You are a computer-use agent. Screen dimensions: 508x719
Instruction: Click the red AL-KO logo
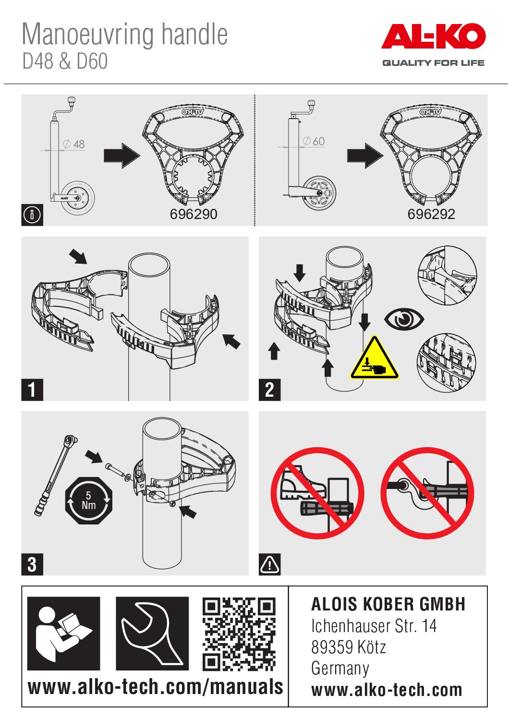pos(433,36)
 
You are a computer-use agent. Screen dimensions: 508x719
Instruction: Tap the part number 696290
pos(194,214)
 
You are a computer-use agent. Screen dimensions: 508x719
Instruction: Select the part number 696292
pos(431,214)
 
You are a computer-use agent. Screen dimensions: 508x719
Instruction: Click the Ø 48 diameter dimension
pos(74,144)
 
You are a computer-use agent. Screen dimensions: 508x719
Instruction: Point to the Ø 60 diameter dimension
pos(314,141)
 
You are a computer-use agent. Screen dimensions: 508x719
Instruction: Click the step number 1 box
pos(32,390)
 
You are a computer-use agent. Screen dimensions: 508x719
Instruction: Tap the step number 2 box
pos(269,390)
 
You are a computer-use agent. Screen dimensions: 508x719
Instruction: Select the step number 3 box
pos(32,564)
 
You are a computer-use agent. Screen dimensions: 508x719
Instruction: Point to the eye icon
pos(404,319)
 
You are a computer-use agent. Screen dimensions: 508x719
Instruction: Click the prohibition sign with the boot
pos(317,493)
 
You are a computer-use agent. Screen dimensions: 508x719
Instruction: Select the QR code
pos(239,634)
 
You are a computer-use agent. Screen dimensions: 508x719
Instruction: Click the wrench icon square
pos(152,634)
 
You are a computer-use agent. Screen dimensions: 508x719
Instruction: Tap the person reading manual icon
pos(63,634)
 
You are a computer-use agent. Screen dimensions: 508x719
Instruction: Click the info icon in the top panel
pos(32,215)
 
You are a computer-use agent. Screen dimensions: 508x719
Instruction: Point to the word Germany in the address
pos(340,668)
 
